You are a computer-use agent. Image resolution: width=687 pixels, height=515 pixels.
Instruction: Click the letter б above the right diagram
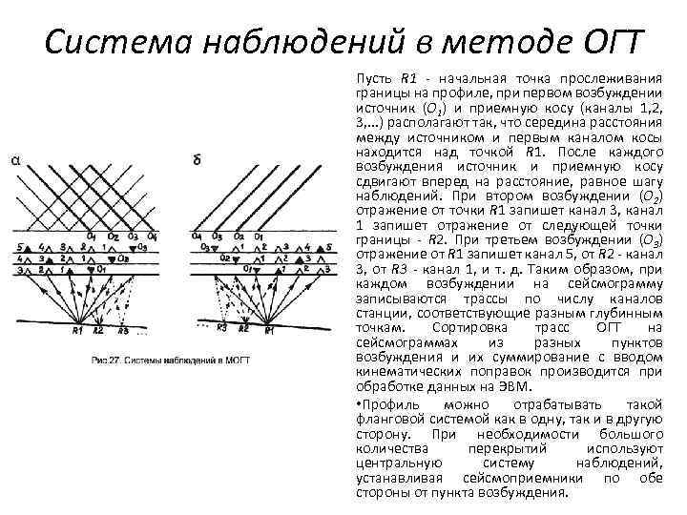(197, 160)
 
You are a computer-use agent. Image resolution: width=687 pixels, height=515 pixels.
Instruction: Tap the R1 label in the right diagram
(270, 330)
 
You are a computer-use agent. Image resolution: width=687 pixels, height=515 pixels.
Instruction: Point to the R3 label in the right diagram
(221, 330)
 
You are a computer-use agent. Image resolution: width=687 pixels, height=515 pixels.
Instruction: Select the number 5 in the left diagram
(18, 247)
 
